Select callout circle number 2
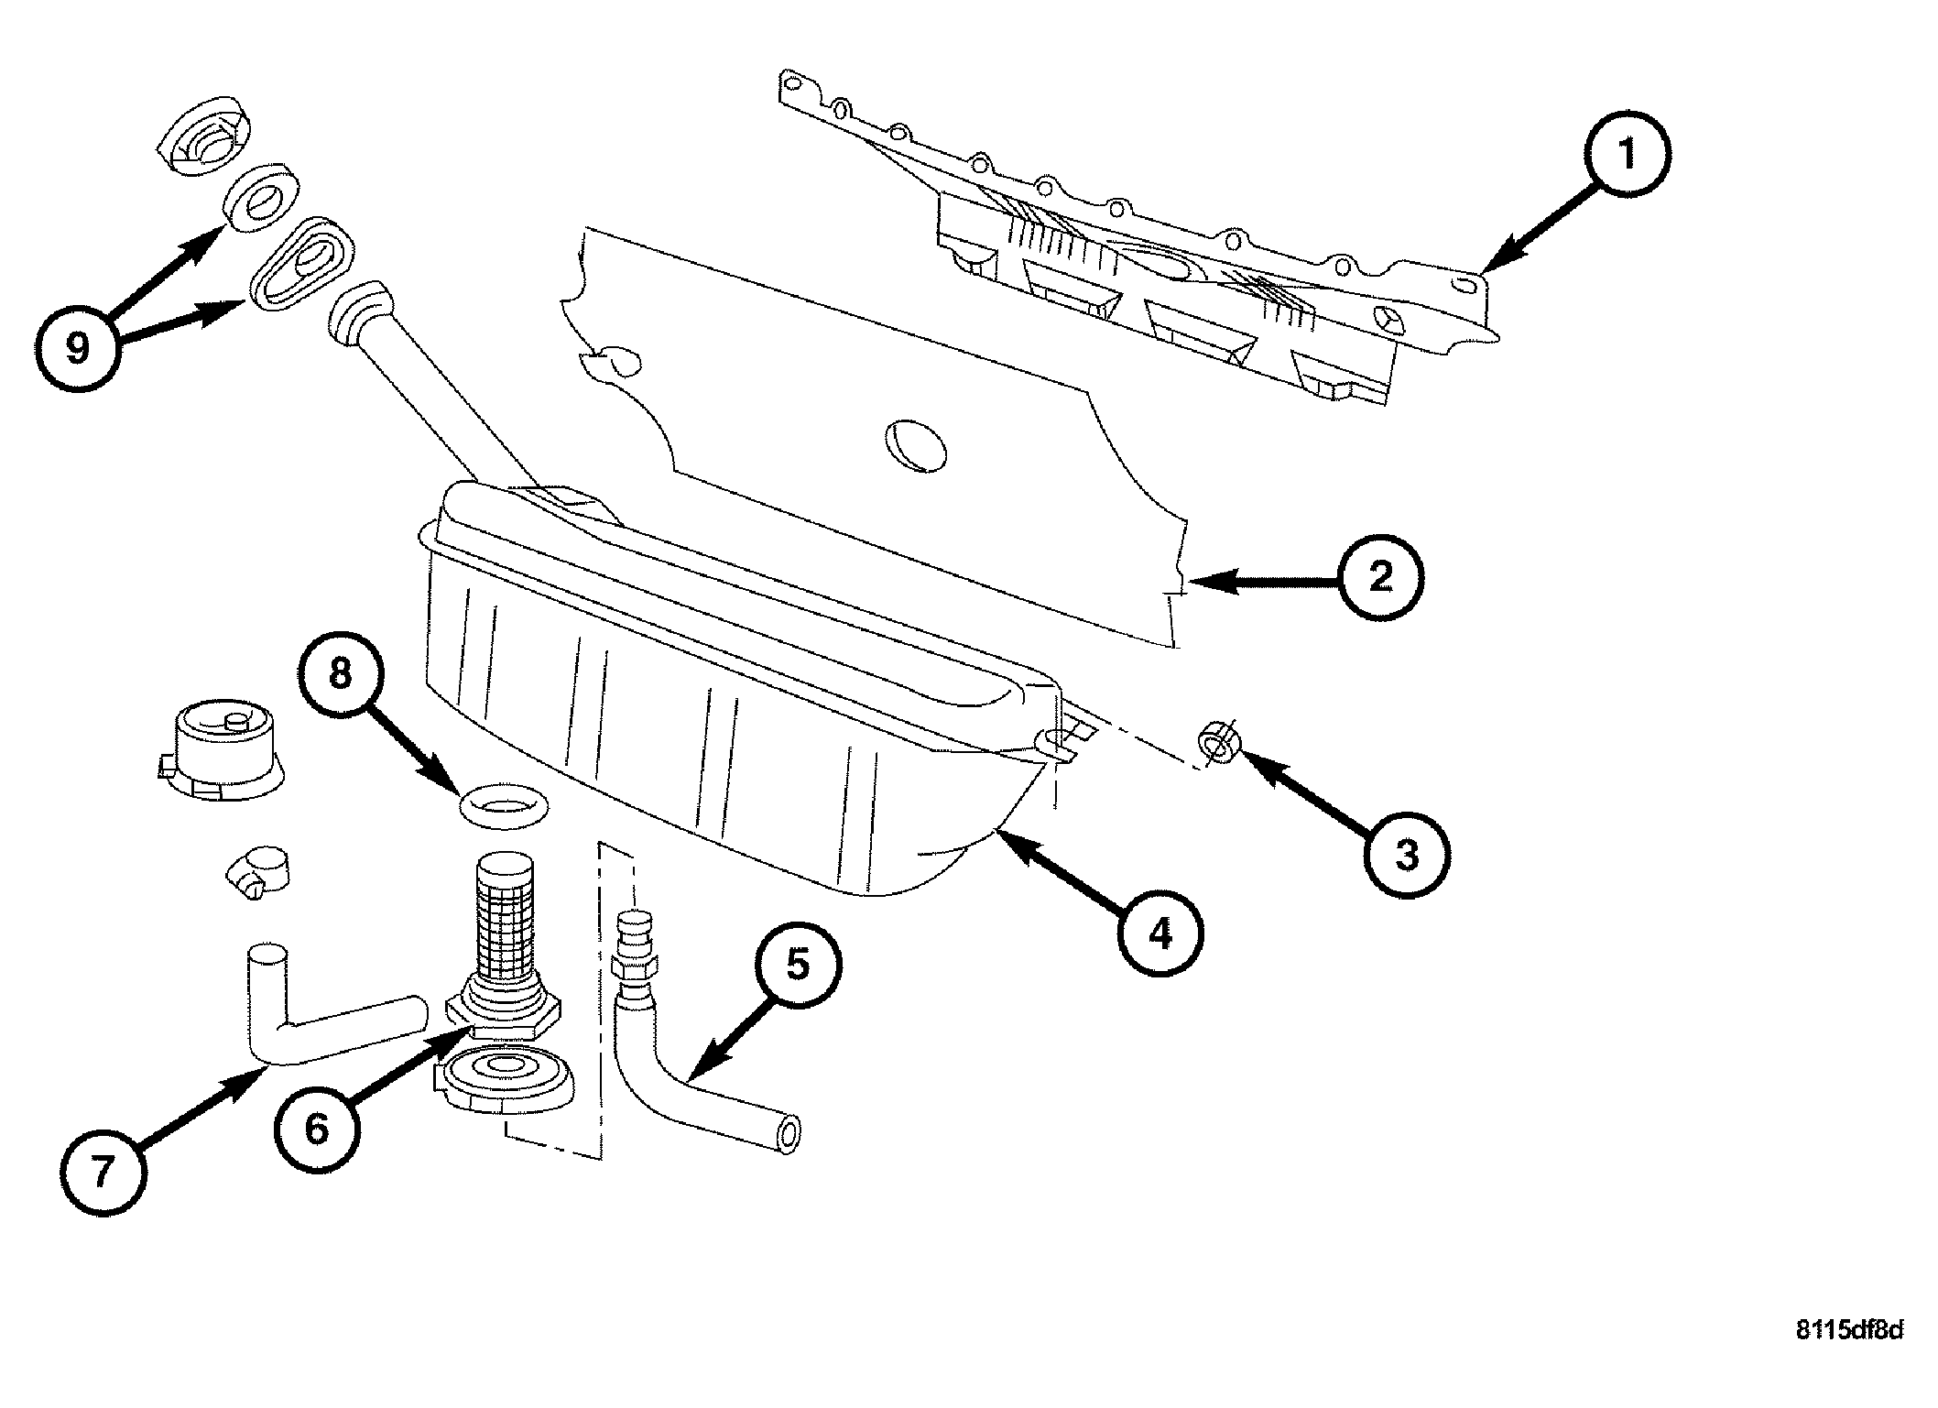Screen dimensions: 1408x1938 tap(1381, 578)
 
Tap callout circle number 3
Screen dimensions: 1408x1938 tap(1406, 855)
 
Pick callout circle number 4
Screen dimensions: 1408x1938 tap(1160, 934)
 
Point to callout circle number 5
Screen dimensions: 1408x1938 tap(797, 965)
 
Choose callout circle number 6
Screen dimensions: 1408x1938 tap(317, 1129)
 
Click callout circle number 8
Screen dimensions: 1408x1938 tap(340, 674)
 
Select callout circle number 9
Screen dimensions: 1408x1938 tap(78, 347)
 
